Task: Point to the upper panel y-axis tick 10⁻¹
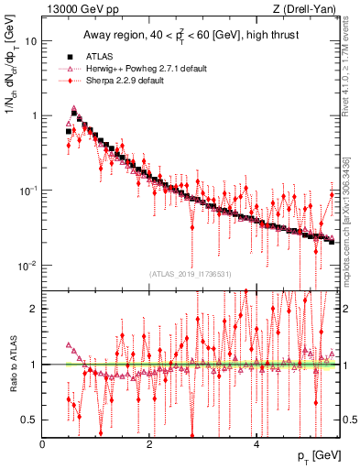(x=29, y=191)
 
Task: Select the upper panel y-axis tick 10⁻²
(x=29, y=266)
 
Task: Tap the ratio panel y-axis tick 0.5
(x=31, y=420)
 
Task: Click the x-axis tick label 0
(x=43, y=443)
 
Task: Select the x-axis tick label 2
(x=149, y=443)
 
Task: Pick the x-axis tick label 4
(x=256, y=443)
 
